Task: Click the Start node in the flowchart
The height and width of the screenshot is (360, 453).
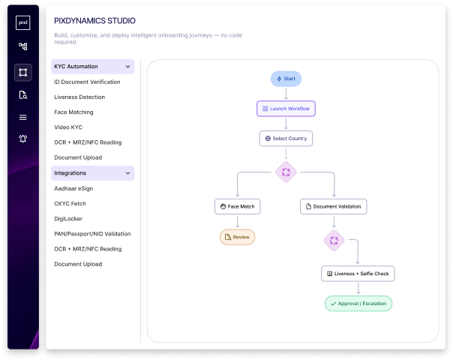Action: (x=286, y=79)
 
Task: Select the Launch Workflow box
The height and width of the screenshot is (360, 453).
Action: (x=286, y=109)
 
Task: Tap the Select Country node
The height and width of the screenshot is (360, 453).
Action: (x=286, y=139)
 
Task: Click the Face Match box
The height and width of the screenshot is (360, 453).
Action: (x=237, y=206)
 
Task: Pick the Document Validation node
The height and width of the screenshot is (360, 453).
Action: (x=334, y=206)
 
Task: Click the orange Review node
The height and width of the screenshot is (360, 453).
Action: (x=237, y=237)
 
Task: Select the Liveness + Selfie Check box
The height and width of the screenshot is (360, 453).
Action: (x=358, y=274)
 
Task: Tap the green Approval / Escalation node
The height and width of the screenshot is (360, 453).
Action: (x=358, y=303)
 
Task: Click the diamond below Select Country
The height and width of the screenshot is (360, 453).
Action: (x=286, y=172)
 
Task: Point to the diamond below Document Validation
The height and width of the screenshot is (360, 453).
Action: (x=334, y=241)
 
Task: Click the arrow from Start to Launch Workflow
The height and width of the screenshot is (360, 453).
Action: (x=286, y=94)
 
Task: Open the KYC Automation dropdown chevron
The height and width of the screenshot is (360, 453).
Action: (x=127, y=67)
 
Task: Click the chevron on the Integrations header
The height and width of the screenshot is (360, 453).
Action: (x=127, y=173)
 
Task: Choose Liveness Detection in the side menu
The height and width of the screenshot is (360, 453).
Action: (x=79, y=97)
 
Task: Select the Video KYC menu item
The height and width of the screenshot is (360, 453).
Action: (x=68, y=127)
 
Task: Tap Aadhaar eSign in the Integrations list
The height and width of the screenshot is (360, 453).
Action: (x=73, y=189)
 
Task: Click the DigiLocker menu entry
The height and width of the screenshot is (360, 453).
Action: (x=68, y=219)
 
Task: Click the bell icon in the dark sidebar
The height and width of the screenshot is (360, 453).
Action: (x=23, y=139)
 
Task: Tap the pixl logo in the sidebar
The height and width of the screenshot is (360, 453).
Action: (x=22, y=22)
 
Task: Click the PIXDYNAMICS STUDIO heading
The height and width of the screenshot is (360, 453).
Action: (x=94, y=21)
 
